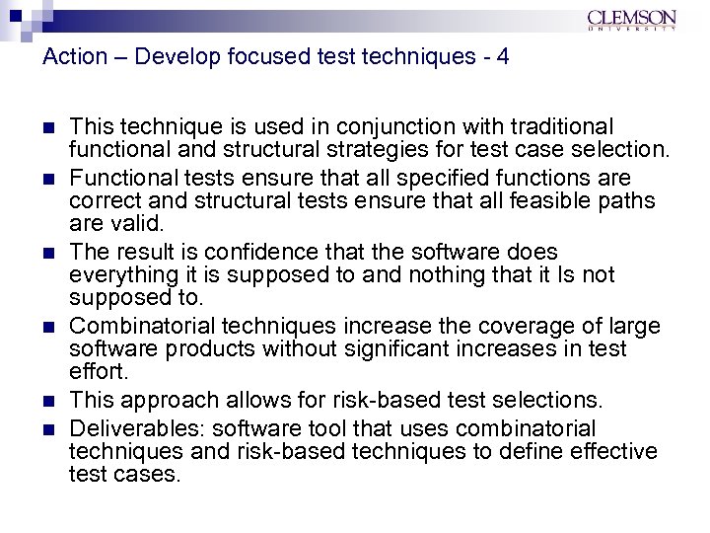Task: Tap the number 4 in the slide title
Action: click(x=503, y=57)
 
